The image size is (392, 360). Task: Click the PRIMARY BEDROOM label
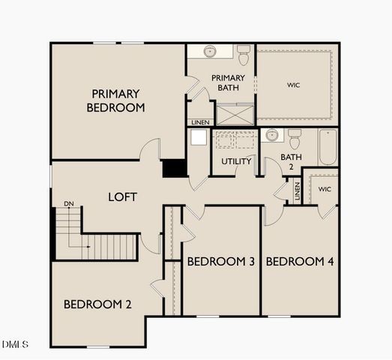(x=115, y=100)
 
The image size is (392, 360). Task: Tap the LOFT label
(x=123, y=197)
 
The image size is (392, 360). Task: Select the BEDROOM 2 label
(x=97, y=304)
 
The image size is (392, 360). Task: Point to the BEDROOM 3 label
(x=221, y=262)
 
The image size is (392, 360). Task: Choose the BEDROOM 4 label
(x=300, y=262)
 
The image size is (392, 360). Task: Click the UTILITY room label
(x=236, y=161)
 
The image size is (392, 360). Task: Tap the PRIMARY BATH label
(x=228, y=83)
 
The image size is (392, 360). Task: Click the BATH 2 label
(x=290, y=162)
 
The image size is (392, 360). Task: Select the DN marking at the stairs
(x=68, y=204)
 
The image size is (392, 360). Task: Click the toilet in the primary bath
(x=243, y=55)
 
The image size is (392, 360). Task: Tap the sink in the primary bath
(x=210, y=51)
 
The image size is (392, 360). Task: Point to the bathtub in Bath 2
(x=328, y=147)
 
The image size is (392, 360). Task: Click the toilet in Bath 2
(x=295, y=139)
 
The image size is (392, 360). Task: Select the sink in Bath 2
(x=272, y=136)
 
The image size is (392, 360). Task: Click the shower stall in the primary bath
(x=235, y=114)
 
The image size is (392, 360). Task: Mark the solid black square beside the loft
(x=174, y=169)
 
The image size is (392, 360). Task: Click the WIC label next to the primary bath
(x=293, y=85)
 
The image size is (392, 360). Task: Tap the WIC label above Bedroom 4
(x=324, y=189)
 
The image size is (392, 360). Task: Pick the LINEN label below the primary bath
(x=200, y=122)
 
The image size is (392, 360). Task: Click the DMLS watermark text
(x=16, y=344)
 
